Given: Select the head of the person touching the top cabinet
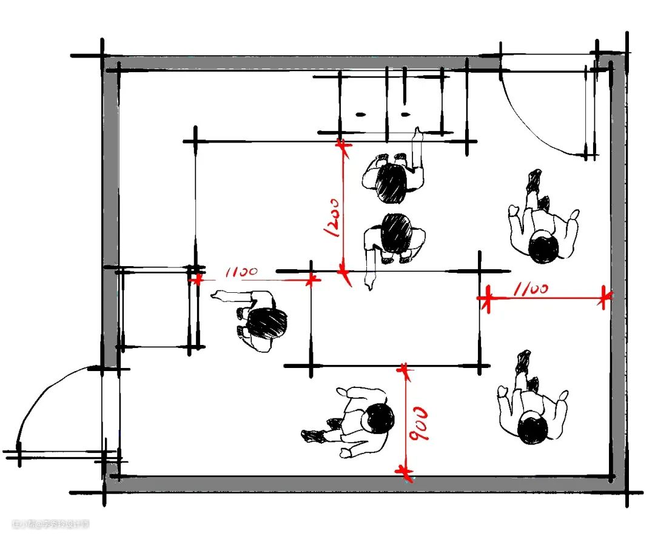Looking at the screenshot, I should (391, 184).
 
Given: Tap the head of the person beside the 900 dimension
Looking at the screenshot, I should (378, 418).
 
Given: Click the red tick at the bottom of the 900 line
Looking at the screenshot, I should (405, 472).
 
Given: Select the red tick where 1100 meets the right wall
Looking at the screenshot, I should (603, 297).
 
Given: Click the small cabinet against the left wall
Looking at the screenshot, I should (155, 309).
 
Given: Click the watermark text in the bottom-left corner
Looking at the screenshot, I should (51, 523).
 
